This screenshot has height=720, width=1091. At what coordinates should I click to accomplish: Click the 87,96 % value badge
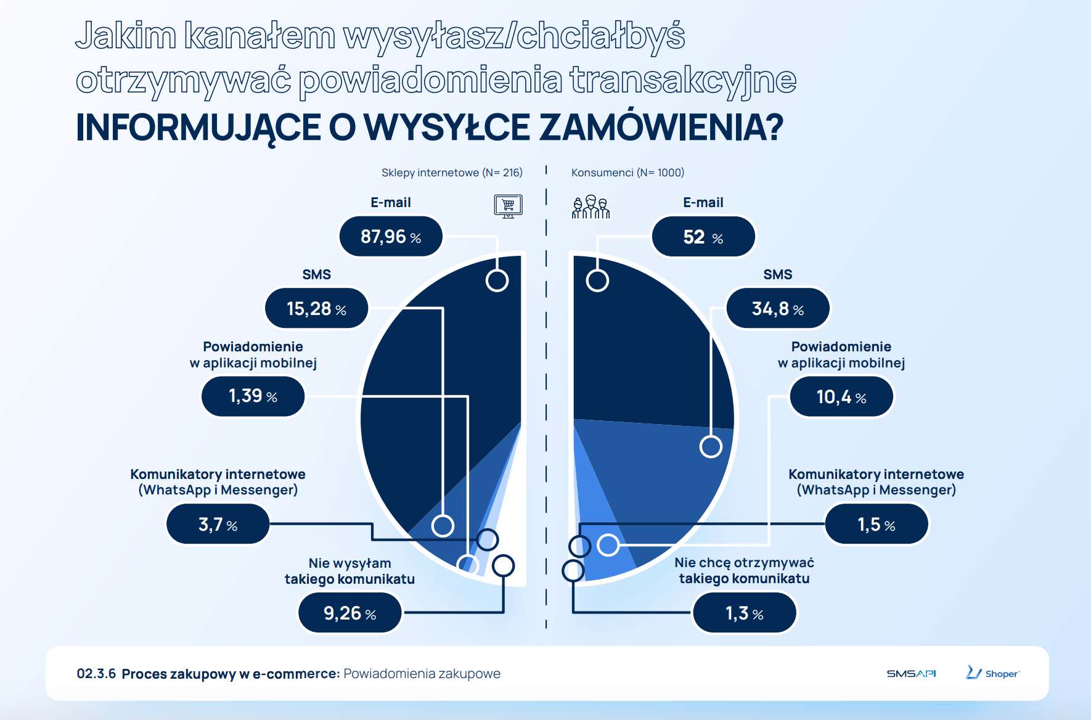(x=391, y=237)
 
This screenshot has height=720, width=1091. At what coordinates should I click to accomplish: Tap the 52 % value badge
(x=703, y=237)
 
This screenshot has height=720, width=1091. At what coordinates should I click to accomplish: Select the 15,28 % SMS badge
(x=316, y=308)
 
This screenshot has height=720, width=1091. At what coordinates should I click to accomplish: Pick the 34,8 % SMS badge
(x=778, y=308)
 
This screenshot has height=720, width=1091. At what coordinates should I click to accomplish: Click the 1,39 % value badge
(x=253, y=396)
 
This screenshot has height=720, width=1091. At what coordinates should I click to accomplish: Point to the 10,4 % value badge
(x=841, y=397)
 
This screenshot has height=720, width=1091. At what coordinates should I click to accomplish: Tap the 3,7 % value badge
(x=218, y=525)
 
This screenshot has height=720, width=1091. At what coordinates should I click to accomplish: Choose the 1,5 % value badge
(x=876, y=525)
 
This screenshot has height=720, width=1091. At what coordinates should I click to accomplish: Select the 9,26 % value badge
(x=349, y=613)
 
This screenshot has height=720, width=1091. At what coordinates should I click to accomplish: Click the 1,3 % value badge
(x=744, y=613)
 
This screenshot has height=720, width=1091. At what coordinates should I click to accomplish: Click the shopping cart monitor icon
(x=508, y=206)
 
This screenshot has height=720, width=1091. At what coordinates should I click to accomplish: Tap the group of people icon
(x=590, y=207)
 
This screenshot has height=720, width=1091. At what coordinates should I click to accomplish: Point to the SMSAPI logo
(x=911, y=674)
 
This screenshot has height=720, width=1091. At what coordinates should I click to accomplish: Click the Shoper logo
(x=992, y=673)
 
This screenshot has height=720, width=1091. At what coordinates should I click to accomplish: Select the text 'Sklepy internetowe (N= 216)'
(x=452, y=173)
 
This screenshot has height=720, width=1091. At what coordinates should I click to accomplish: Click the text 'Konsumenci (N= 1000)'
(x=627, y=173)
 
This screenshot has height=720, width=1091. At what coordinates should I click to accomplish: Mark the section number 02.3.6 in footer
(x=96, y=674)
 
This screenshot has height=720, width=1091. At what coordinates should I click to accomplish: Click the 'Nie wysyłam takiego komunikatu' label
(x=349, y=571)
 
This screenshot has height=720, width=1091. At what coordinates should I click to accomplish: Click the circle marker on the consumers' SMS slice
(x=711, y=446)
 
